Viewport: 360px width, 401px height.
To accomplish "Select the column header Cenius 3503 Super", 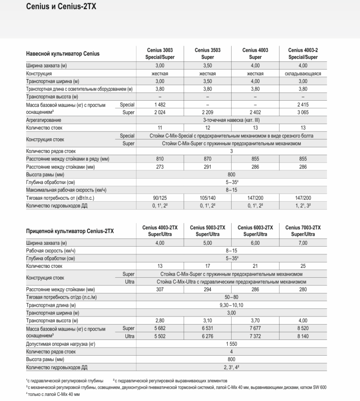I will coord(208,54).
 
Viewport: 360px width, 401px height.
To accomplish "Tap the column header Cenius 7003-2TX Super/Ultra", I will coord(303,231).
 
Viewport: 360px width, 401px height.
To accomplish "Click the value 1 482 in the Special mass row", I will coord(160,105).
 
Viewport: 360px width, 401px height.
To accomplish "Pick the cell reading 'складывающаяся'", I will coord(303,73).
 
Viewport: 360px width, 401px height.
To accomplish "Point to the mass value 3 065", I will coord(303,112).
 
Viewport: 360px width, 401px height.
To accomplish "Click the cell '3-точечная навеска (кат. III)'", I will coord(232,120).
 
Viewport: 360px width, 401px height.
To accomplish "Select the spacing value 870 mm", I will coord(208,159).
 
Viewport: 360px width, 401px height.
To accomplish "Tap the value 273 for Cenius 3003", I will coord(160,167).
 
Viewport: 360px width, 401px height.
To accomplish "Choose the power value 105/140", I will coord(208,198).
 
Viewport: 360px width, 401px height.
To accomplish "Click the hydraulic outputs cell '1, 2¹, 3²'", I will coord(303,206).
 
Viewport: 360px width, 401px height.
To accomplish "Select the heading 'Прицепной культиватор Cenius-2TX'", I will coord(70,231).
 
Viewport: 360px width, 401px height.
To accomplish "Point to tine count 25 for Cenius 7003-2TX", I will coord(303,266).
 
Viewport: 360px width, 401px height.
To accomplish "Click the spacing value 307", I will coord(160,289).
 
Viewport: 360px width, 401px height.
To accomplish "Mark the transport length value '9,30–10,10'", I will coord(232,305).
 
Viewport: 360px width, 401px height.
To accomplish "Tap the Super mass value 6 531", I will coord(208,329).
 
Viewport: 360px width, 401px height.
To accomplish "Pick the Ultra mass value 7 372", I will coord(255,336).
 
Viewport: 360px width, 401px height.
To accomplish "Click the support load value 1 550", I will coord(232,344).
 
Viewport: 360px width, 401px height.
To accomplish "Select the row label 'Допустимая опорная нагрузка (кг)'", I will coord(61,344).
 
